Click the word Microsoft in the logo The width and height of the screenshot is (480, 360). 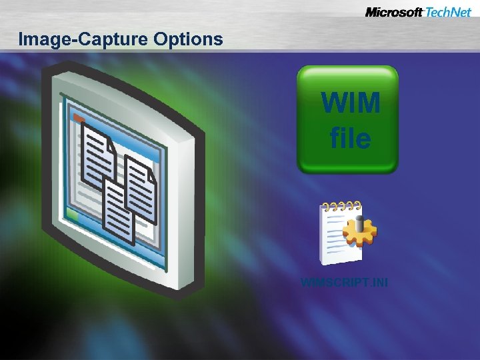pos(393,12)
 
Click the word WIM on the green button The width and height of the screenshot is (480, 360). pos(350,103)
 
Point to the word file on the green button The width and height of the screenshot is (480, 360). pos(350,138)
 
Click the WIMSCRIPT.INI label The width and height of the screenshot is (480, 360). pos(344,283)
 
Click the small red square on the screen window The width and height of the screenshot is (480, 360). pos(78,118)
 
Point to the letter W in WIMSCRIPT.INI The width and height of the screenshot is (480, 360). pos(305,283)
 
